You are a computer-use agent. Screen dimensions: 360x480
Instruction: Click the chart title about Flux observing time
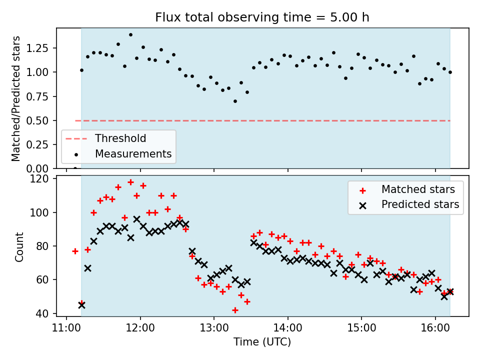coord(262,17)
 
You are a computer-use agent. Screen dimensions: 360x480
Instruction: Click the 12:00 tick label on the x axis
coord(140,327)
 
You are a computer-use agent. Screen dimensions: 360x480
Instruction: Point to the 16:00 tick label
coord(435,327)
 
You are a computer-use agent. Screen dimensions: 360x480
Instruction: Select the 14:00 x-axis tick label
coord(288,327)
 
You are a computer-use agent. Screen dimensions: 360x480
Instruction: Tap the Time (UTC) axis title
coord(262,342)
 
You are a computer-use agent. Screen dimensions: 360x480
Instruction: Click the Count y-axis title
coord(19,246)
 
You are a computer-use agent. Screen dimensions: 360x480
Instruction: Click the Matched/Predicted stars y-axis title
coord(16,98)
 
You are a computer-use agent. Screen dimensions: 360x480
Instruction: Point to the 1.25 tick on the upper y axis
coord(42,48)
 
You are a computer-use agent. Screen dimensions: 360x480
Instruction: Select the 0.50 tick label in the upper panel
coord(42,120)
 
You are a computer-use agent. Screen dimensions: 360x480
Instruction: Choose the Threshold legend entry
coord(120,138)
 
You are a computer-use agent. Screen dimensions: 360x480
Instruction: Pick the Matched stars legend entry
coord(418,189)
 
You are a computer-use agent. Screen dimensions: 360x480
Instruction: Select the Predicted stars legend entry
coord(420,204)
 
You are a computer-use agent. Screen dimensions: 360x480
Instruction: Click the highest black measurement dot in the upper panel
coord(130,35)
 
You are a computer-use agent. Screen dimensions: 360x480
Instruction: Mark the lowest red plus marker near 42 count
coord(235,310)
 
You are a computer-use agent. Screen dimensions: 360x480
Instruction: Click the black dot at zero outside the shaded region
coord(75,168)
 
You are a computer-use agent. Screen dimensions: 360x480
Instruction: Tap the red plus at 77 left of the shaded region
coord(75,251)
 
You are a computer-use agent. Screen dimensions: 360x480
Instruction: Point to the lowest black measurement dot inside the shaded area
coord(235,101)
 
